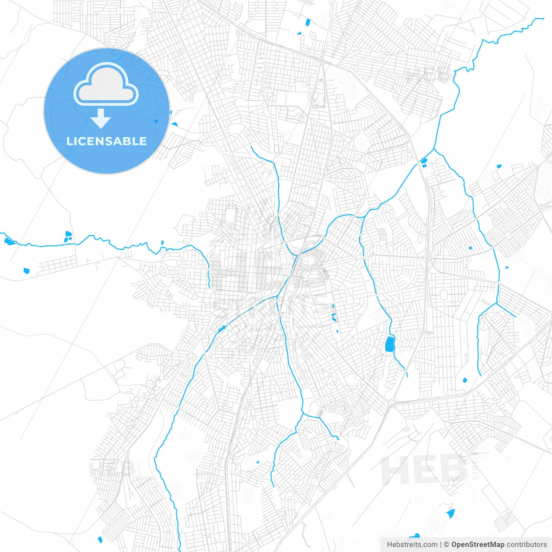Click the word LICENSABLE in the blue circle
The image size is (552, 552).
pyautogui.click(x=107, y=141)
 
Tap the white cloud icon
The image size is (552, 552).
pyautogui.click(x=106, y=85)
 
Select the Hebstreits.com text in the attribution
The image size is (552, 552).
pyautogui.click(x=412, y=545)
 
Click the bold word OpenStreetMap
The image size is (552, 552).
pyautogui.click(x=477, y=545)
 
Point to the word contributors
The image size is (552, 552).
pyautogui.click(x=527, y=545)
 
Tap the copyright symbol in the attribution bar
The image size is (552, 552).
pyautogui.click(x=446, y=545)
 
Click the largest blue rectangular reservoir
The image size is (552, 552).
pyautogui.click(x=390, y=344)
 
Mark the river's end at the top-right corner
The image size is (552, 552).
pyautogui.click(x=543, y=19)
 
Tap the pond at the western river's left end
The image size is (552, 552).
pyautogui.click(x=9, y=241)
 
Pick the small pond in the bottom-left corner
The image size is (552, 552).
pyautogui.click(x=100, y=539)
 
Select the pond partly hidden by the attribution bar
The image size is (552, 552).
pyautogui.click(x=415, y=536)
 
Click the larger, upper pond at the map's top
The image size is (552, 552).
pyautogui.click(x=308, y=22)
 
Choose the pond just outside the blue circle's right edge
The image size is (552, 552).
pyautogui.click(x=174, y=124)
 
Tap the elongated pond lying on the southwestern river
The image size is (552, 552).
pyautogui.click(x=222, y=329)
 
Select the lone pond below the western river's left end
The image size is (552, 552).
pyautogui.click(x=26, y=271)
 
